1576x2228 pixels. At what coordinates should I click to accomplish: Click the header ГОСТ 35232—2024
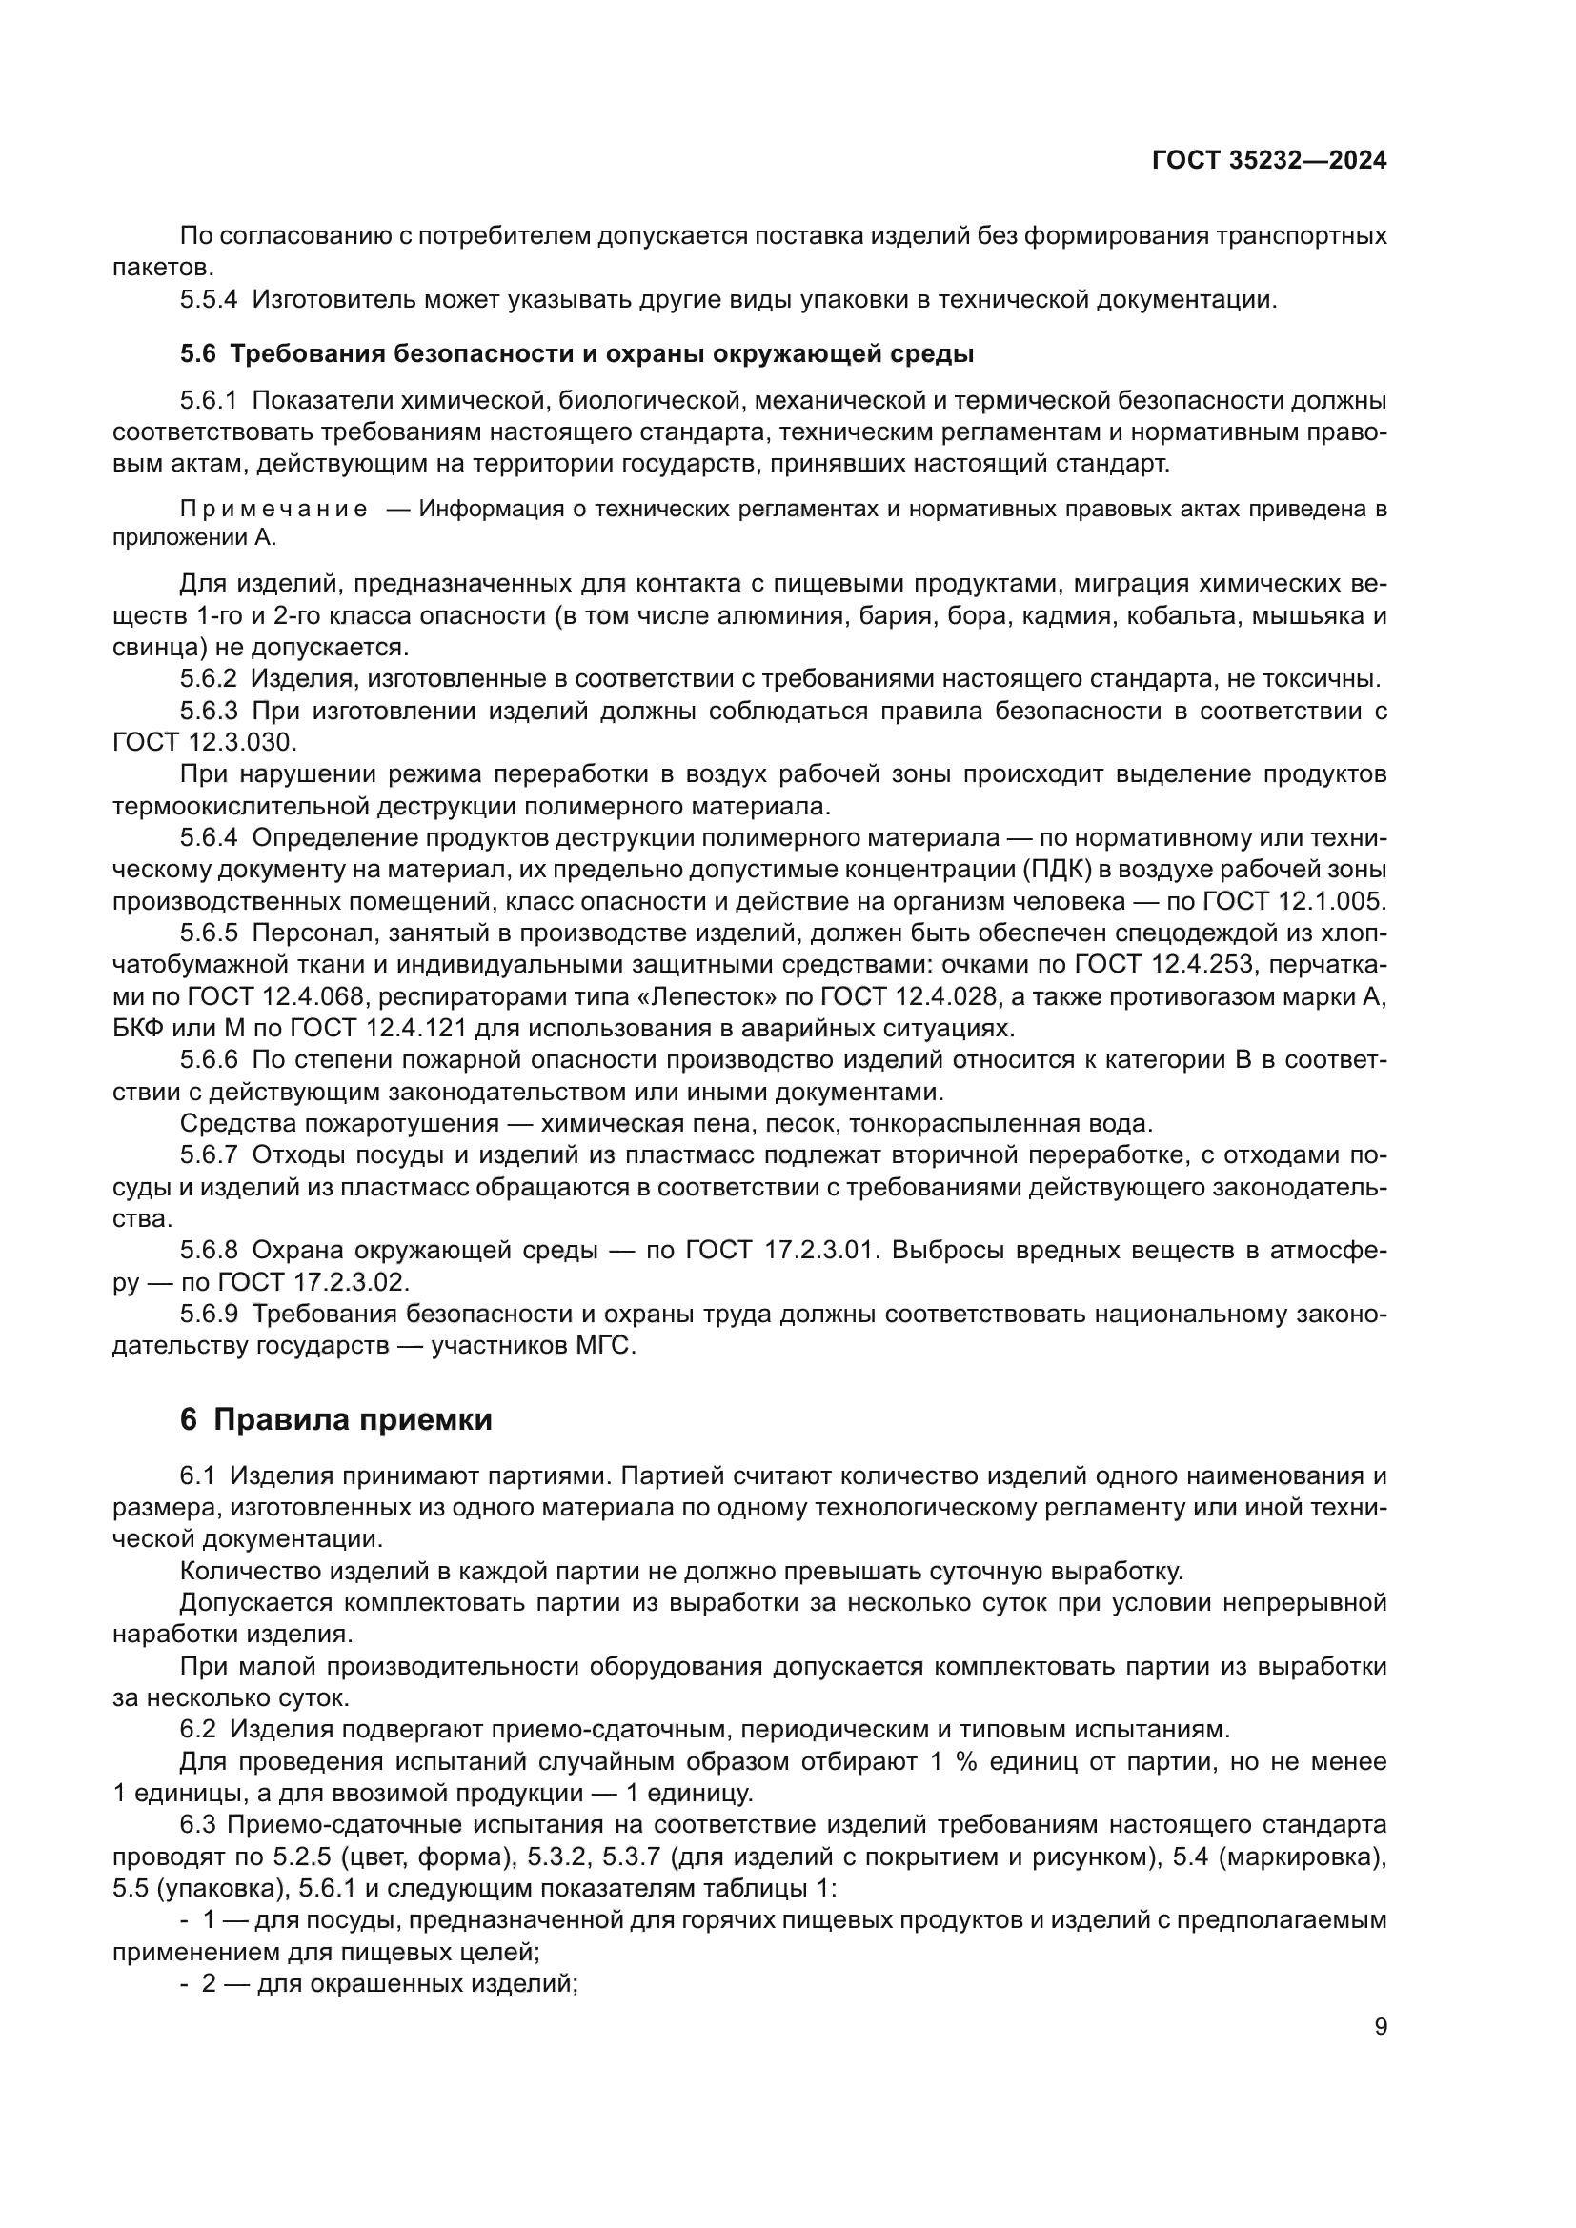pos(1268,160)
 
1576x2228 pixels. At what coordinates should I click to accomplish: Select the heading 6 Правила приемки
pos(335,1418)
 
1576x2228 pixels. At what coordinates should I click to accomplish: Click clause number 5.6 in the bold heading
pos(197,354)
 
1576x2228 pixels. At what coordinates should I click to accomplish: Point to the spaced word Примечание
pos(273,510)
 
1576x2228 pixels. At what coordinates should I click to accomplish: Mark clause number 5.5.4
pos(208,300)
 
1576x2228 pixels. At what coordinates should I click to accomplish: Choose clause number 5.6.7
pos(208,1155)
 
